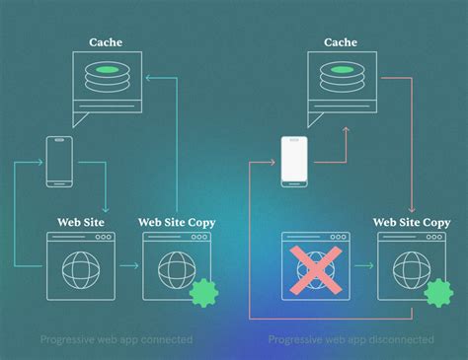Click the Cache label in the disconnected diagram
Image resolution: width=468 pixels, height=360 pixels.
pos(340,41)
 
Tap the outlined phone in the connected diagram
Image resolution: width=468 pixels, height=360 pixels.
pos(59,162)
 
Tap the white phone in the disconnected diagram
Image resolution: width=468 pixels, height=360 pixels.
pos(294,161)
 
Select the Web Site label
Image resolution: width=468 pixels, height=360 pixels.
pos(81,223)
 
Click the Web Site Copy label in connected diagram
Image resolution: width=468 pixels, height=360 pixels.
pos(177,223)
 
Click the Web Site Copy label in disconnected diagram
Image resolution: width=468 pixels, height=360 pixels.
pos(411,223)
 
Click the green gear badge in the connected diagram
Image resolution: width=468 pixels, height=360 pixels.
pos(202,292)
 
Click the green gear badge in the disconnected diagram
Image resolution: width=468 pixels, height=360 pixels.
pos(437,292)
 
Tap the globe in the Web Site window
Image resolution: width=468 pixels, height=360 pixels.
pos(81,268)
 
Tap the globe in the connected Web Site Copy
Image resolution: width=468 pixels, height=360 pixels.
pos(176,268)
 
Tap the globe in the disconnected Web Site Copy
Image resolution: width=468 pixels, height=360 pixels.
pos(411,268)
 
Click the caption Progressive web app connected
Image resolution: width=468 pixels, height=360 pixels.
pos(117,339)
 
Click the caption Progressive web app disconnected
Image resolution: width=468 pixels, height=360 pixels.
pos(351,339)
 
